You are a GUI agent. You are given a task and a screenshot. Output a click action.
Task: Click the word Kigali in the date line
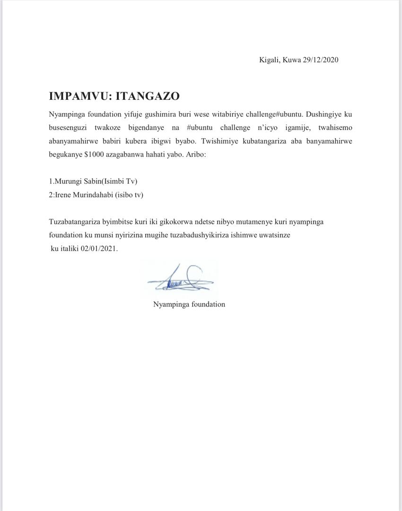(x=269, y=60)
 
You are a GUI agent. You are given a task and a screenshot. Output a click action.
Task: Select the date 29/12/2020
(x=320, y=60)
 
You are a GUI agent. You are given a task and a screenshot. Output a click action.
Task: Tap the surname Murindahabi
(x=93, y=194)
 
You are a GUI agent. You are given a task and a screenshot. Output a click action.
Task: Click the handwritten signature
(x=180, y=280)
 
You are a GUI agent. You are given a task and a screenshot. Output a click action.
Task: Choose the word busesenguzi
(x=67, y=128)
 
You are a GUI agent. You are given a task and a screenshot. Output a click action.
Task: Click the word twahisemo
(x=335, y=128)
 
